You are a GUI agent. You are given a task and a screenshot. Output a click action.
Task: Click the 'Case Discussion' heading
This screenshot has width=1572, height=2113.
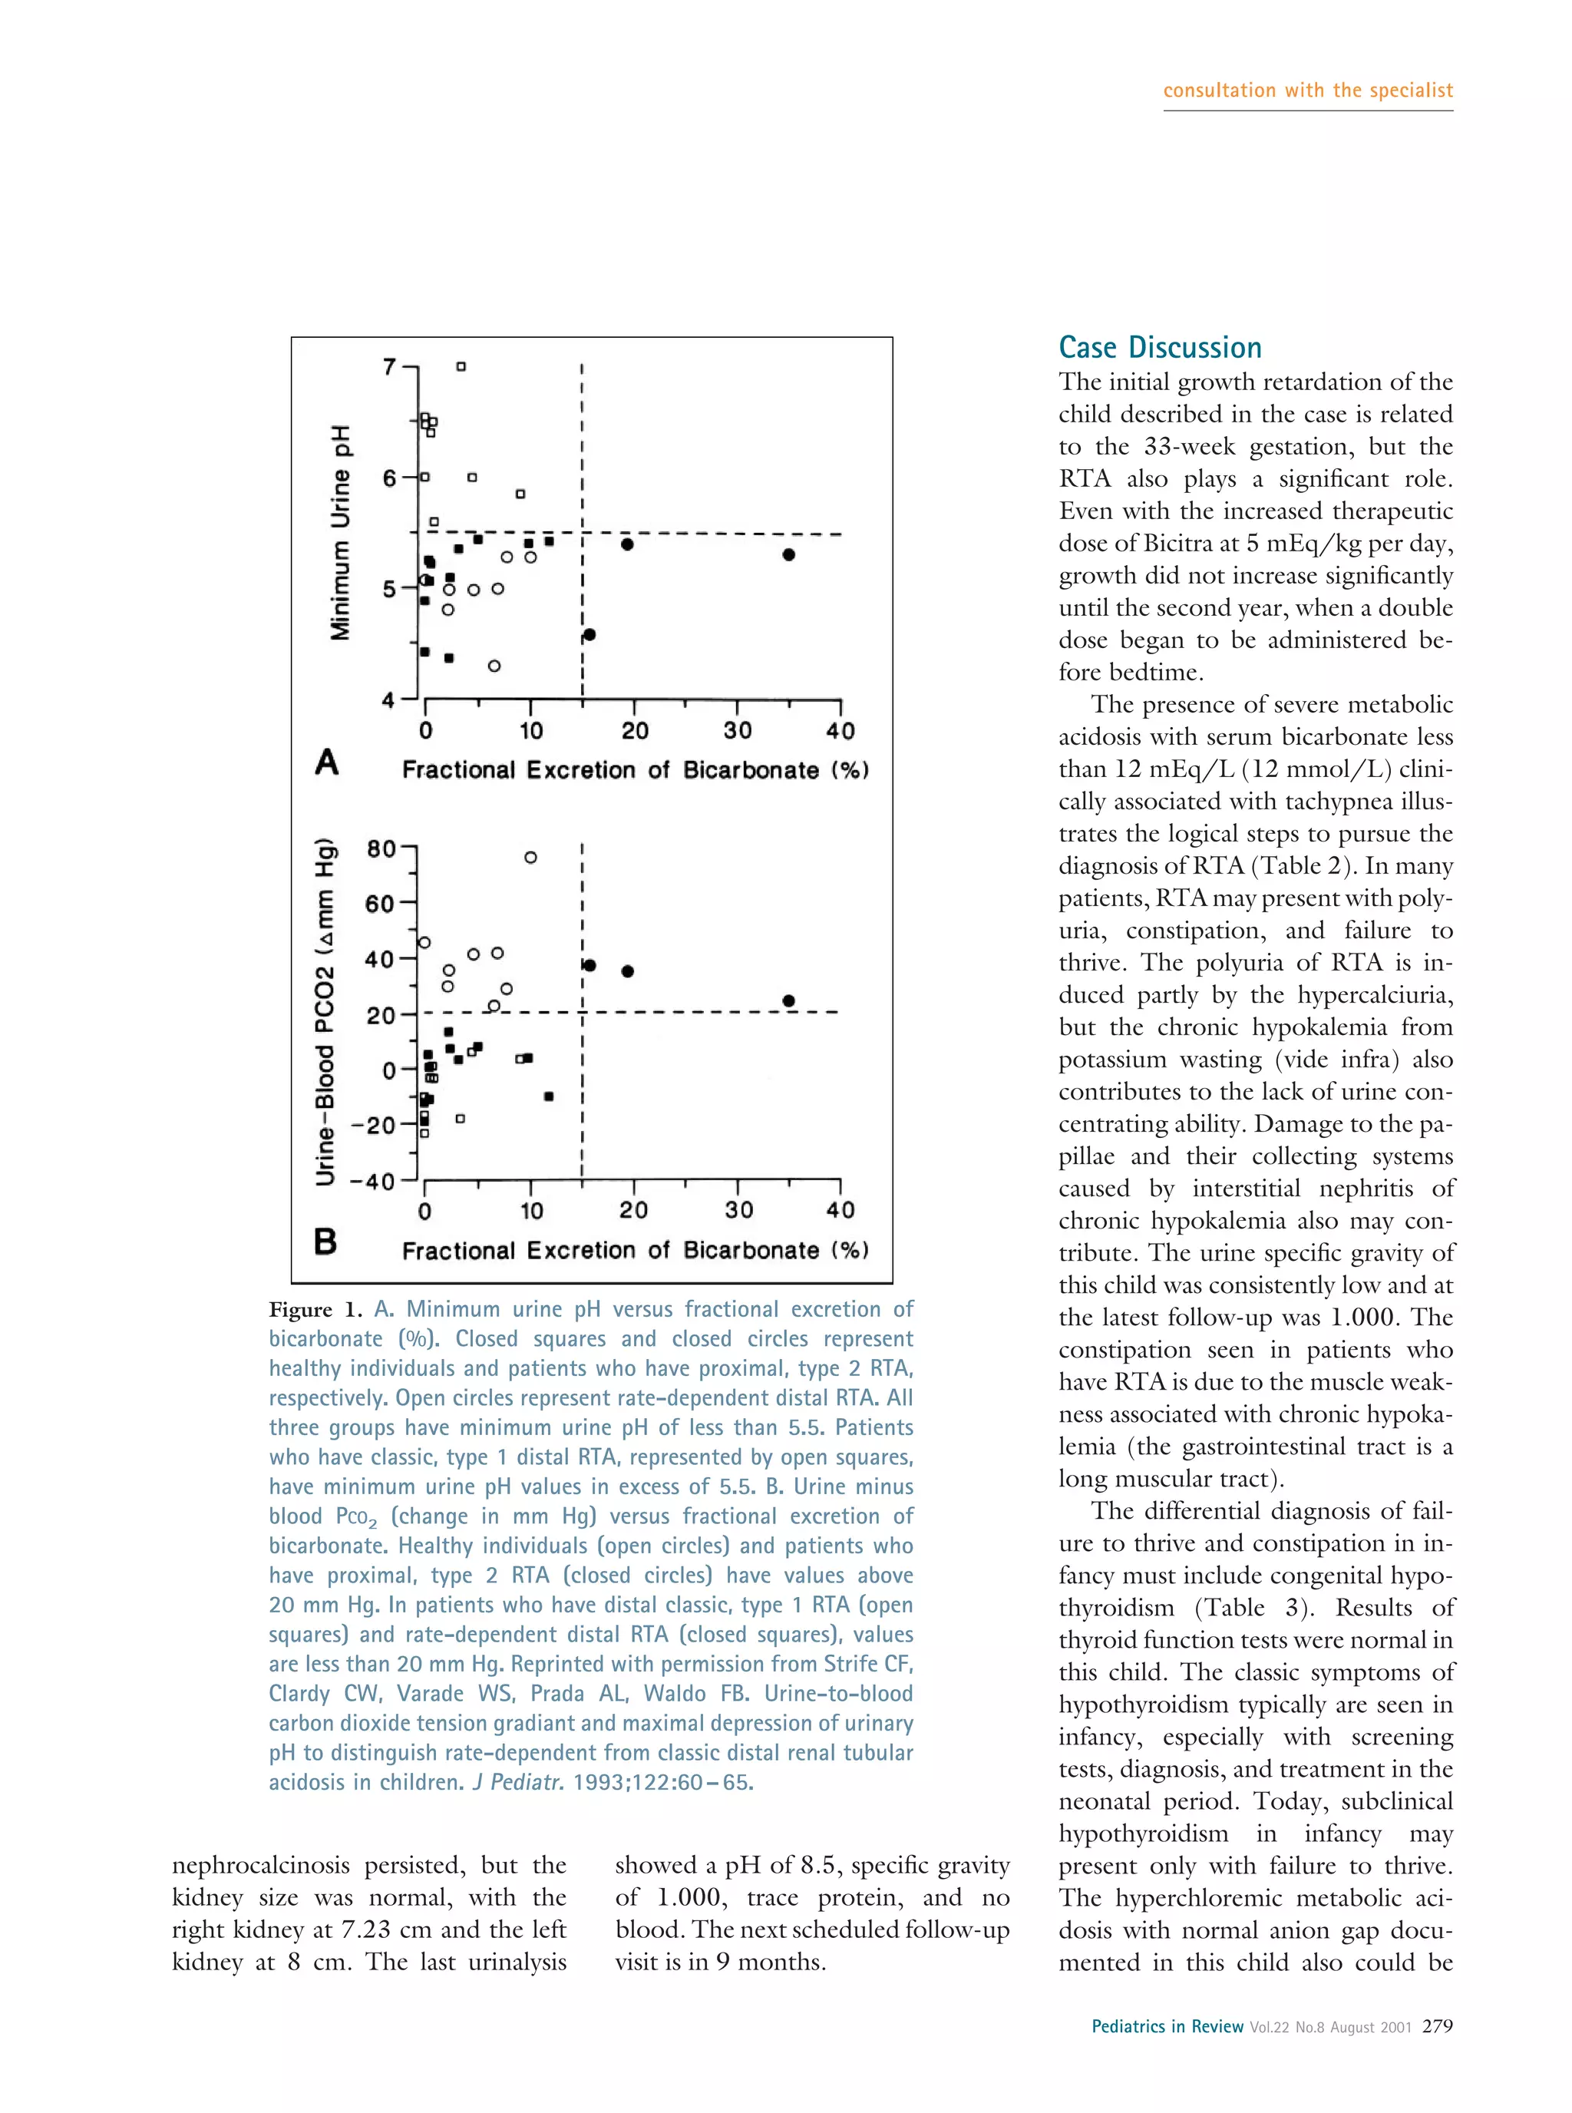[1160, 347]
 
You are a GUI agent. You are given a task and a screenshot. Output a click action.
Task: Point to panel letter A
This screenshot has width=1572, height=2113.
[326, 762]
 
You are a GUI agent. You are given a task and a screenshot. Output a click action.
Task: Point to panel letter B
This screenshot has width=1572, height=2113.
[325, 1241]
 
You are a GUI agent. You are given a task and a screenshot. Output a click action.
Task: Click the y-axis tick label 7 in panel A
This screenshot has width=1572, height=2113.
[388, 366]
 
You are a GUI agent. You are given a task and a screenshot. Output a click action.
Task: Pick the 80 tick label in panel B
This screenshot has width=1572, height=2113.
[381, 848]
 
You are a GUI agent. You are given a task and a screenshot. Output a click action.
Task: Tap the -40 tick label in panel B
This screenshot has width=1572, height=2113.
[372, 1181]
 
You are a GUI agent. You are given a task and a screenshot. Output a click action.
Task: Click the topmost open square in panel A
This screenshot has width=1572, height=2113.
[461, 366]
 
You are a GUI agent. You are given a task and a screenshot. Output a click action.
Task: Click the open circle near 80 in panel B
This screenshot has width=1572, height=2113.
[530, 858]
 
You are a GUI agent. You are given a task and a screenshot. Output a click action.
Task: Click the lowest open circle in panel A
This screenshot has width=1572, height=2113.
[494, 666]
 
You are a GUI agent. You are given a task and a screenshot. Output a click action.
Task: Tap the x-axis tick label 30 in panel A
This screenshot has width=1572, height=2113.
[738, 730]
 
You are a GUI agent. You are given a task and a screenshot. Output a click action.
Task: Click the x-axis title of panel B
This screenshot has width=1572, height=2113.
[635, 1250]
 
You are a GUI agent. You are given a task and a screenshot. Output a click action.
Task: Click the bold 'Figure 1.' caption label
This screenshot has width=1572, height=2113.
[315, 1310]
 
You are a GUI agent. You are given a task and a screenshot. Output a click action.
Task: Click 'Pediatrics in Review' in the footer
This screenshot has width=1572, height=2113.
[1167, 2026]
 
